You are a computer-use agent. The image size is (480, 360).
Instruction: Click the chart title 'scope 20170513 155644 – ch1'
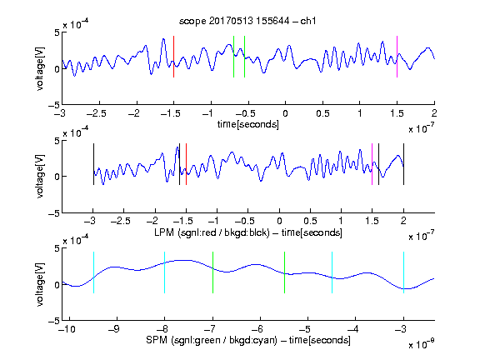click(x=247, y=21)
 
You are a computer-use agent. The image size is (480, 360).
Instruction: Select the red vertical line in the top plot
click(x=174, y=57)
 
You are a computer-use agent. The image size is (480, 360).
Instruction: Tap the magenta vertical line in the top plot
click(x=397, y=57)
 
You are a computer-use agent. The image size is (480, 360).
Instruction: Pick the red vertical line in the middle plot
click(x=186, y=164)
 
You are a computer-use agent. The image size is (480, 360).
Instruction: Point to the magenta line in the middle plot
click(x=372, y=164)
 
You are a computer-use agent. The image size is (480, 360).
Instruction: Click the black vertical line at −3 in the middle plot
click(x=93, y=164)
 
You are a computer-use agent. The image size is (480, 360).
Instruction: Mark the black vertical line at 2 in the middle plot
click(x=403, y=164)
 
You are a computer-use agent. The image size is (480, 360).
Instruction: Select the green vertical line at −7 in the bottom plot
click(x=212, y=272)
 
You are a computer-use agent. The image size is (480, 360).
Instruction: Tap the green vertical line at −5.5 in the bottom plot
click(x=284, y=272)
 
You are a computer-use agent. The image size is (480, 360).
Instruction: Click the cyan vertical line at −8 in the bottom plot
click(x=165, y=272)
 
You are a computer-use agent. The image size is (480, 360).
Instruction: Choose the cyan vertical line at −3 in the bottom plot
click(x=404, y=272)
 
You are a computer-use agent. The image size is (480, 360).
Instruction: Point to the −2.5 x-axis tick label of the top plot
click(x=96, y=114)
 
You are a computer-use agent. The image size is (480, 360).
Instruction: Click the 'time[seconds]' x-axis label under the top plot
click(x=248, y=124)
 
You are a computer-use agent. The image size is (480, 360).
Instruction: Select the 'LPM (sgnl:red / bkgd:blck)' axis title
click(x=212, y=232)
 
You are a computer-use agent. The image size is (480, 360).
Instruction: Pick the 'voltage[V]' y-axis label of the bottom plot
click(x=40, y=284)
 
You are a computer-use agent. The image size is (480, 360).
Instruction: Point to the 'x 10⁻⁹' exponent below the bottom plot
click(x=422, y=344)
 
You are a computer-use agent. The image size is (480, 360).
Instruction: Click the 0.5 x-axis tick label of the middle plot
click(x=310, y=221)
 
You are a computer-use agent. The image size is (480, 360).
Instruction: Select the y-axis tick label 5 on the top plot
click(x=57, y=32)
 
